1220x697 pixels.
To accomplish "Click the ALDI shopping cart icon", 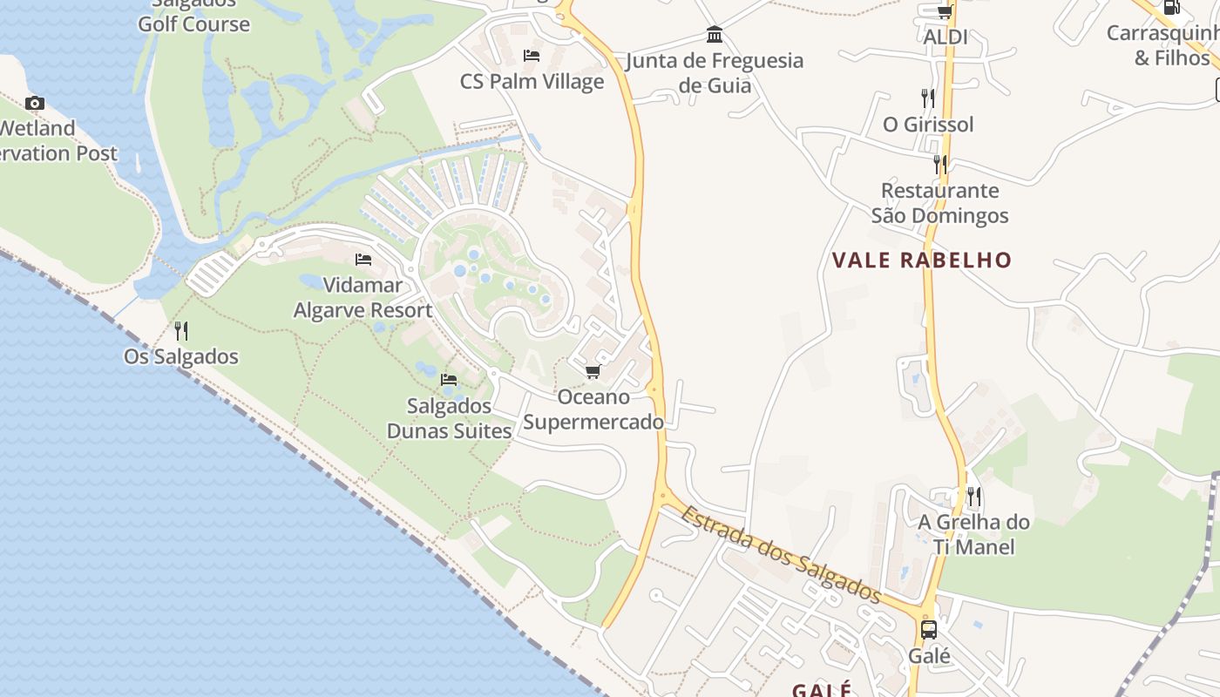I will tap(945, 11).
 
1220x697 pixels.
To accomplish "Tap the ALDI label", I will tap(945, 37).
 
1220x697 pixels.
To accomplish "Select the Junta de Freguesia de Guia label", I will tap(715, 72).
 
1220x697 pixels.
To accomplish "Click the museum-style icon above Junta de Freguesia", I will tap(715, 35).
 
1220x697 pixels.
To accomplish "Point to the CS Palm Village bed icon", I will tap(532, 56).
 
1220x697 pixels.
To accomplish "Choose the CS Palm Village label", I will tap(532, 82).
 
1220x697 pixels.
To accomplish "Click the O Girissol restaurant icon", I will tap(928, 98).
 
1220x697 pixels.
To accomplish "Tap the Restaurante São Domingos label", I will tap(939, 203).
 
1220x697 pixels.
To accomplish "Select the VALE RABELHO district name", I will tap(922, 260).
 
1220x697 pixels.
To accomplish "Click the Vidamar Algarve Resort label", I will tap(363, 297).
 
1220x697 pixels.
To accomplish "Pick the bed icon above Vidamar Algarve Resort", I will tap(363, 260).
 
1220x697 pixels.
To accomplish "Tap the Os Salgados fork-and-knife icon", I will tap(180, 330).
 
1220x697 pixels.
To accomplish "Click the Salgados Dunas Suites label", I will tap(450, 418).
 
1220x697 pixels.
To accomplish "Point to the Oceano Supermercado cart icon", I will tap(593, 372).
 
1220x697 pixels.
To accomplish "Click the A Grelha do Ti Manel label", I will tap(974, 534).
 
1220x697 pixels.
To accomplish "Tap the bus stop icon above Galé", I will tap(929, 629).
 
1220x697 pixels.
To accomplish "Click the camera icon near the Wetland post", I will tap(35, 104).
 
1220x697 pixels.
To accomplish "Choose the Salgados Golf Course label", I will tap(193, 17).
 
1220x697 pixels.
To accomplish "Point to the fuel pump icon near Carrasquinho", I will tap(1172, 7).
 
